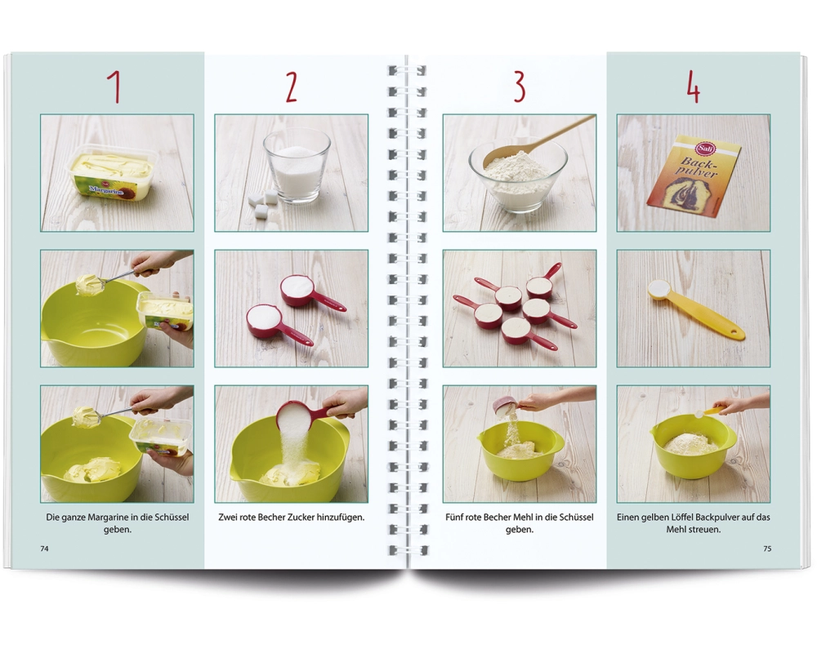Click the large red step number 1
(114, 87)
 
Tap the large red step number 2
(292, 87)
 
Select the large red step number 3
(519, 87)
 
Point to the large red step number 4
(693, 87)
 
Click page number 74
(44, 549)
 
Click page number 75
(767, 549)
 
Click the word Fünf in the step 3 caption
(453, 517)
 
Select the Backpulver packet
(693, 175)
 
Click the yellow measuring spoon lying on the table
(695, 310)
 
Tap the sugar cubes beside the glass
(264, 203)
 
